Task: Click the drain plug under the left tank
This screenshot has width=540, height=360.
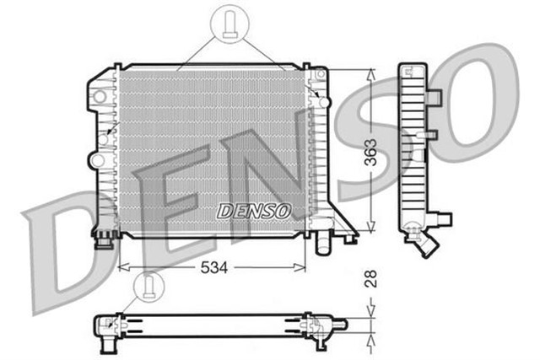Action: point(105,240)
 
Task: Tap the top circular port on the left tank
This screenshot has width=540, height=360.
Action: point(100,96)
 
